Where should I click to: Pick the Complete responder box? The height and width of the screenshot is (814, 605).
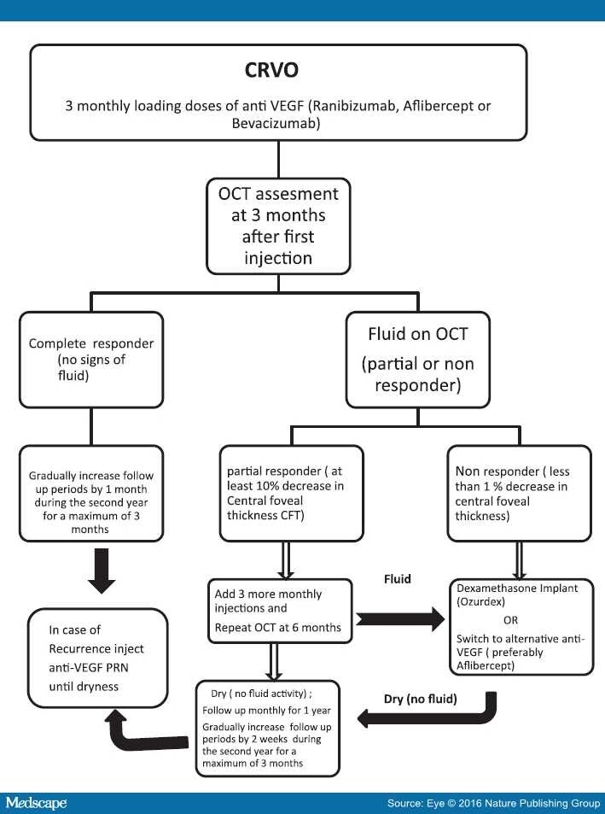pyautogui.click(x=91, y=359)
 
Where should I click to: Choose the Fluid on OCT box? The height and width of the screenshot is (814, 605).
pyautogui.click(x=417, y=359)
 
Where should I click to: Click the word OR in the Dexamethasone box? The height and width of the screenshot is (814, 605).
pyautogui.click(x=509, y=620)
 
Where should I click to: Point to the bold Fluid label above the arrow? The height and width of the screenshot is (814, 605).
pyautogui.click(x=397, y=579)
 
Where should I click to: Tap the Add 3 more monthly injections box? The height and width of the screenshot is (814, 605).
pyautogui.click(x=278, y=606)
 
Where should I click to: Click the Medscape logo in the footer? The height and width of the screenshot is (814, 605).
pyautogui.click(x=36, y=803)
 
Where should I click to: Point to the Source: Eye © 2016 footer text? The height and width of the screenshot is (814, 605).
pyautogui.click(x=486, y=804)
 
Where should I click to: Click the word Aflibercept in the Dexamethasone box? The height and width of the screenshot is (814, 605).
pyautogui.click(x=499, y=664)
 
